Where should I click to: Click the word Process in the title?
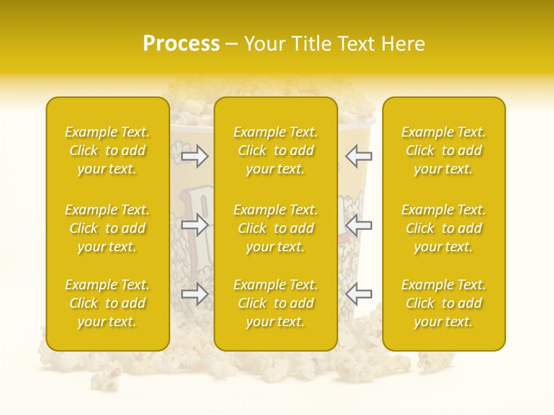[x=181, y=44]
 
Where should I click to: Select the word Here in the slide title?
[x=404, y=44]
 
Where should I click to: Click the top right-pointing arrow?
[x=195, y=156]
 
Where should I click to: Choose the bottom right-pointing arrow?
[x=195, y=294]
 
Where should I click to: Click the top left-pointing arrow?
[x=359, y=156]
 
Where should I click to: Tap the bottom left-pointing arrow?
[x=359, y=294]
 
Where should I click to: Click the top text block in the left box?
[x=107, y=150]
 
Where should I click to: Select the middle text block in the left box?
[x=107, y=228]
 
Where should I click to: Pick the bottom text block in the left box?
[x=107, y=303]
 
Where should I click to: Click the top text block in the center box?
[x=276, y=150]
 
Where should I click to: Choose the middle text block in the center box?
[x=276, y=228]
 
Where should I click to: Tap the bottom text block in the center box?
[x=276, y=303]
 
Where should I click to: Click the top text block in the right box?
[x=444, y=150]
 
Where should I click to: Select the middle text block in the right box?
[x=444, y=228]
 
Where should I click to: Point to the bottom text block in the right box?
[x=444, y=303]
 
